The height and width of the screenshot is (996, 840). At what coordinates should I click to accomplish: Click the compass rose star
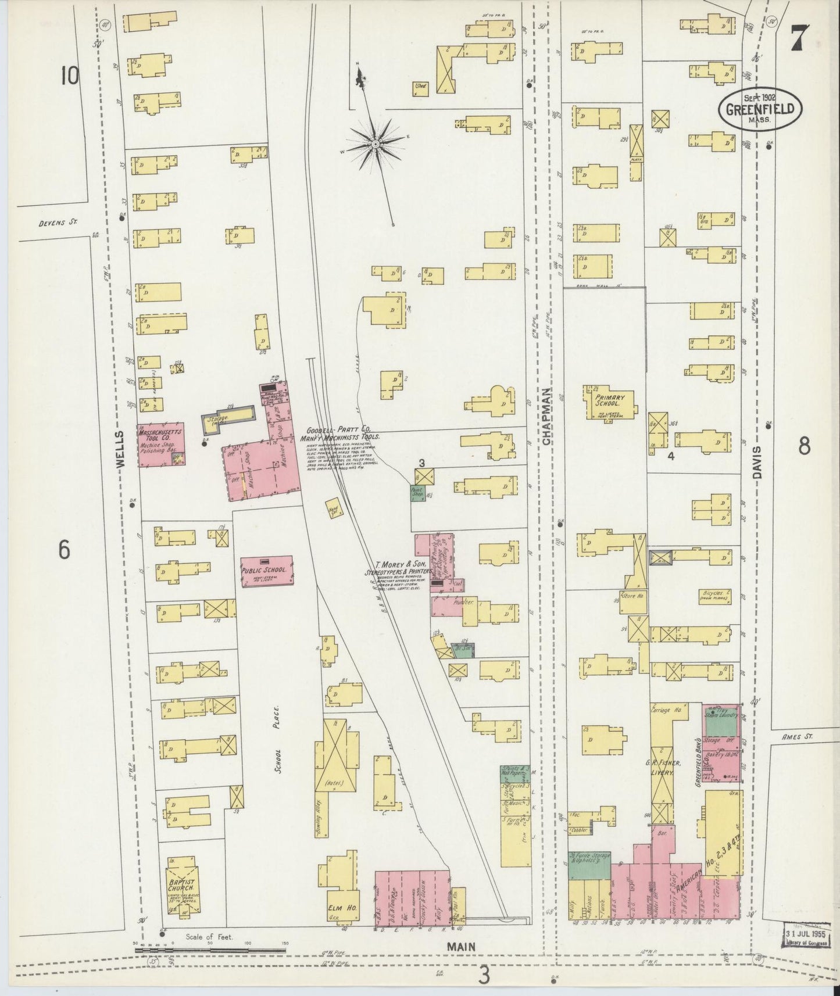(376, 142)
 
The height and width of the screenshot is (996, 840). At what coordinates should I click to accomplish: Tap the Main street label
(462, 947)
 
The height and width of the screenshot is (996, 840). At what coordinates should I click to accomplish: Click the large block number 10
(70, 76)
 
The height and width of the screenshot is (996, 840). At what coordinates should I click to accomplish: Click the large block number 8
(804, 446)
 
